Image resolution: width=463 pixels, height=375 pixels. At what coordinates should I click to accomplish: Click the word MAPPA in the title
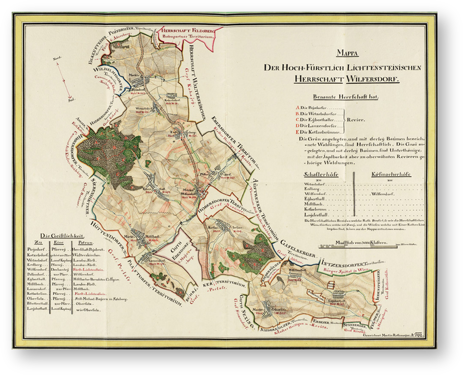(x=347, y=53)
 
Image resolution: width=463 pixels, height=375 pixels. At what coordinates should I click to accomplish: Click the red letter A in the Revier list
(x=298, y=108)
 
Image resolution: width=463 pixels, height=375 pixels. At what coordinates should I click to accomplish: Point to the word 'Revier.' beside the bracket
(x=357, y=120)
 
